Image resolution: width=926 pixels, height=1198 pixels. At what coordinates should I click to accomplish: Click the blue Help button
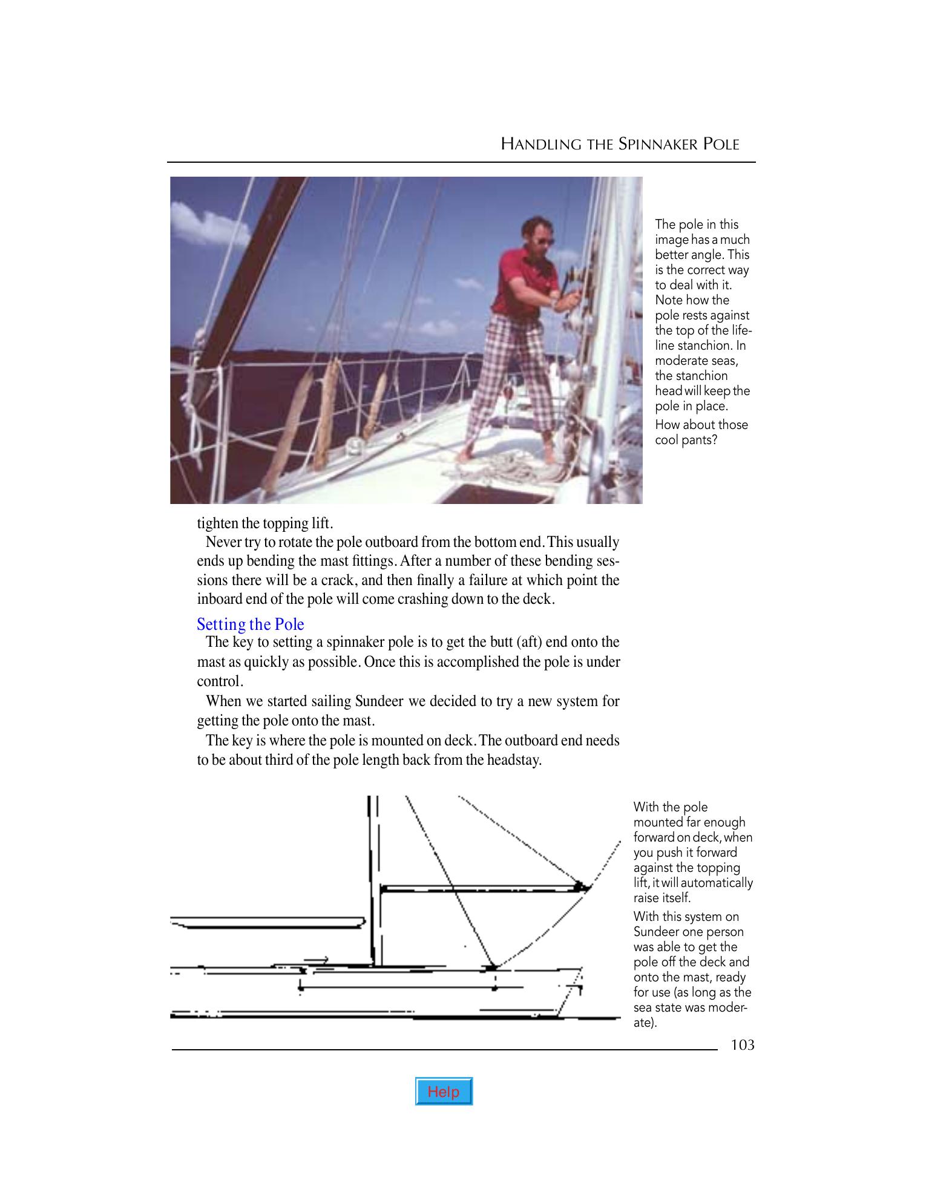pyautogui.click(x=444, y=1092)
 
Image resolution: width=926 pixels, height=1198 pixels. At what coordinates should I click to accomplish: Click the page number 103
pyautogui.click(x=742, y=1045)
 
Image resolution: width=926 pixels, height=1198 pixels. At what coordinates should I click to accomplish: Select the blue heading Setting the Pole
pyautogui.click(x=251, y=624)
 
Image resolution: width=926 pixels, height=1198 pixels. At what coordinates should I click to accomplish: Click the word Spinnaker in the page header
pyautogui.click(x=657, y=145)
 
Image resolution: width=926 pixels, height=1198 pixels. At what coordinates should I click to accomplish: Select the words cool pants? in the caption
pyautogui.click(x=686, y=440)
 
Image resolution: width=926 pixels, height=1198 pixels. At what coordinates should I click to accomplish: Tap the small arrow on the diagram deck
pyautogui.click(x=317, y=960)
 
